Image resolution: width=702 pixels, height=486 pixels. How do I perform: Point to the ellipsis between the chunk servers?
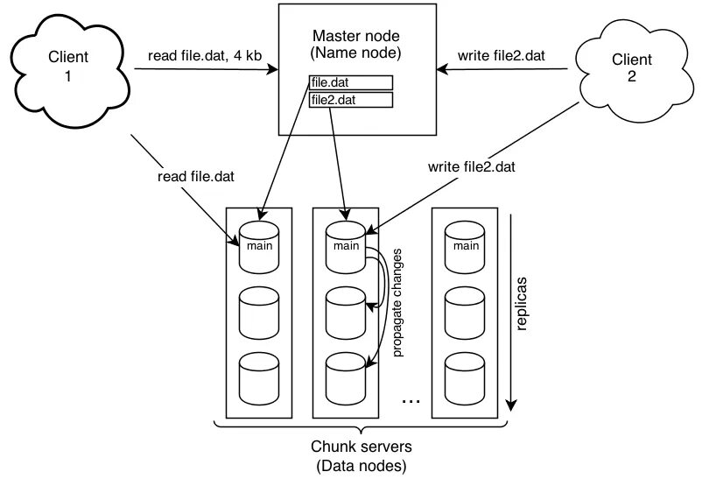pyautogui.click(x=411, y=400)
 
